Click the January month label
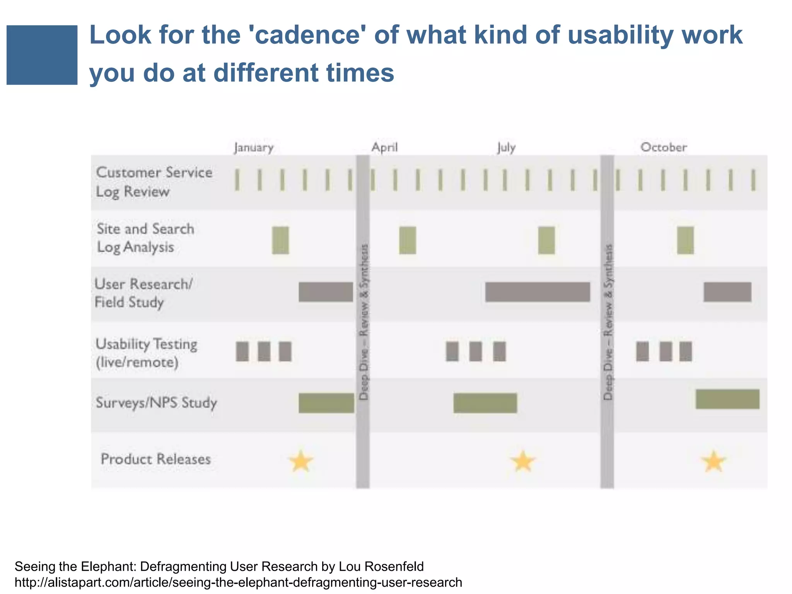254,148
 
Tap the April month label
384,147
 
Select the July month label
506,147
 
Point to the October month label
664,147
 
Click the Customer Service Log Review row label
154,182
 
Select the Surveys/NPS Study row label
156,403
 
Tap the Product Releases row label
155,459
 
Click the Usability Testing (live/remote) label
146,353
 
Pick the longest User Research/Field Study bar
538,292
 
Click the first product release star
301,461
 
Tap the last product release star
713,462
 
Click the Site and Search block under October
685,240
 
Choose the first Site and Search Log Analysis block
280,240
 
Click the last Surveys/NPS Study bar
727,399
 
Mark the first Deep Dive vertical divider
363,321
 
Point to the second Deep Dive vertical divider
607,321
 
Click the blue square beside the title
42,55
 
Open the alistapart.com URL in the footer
238,582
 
